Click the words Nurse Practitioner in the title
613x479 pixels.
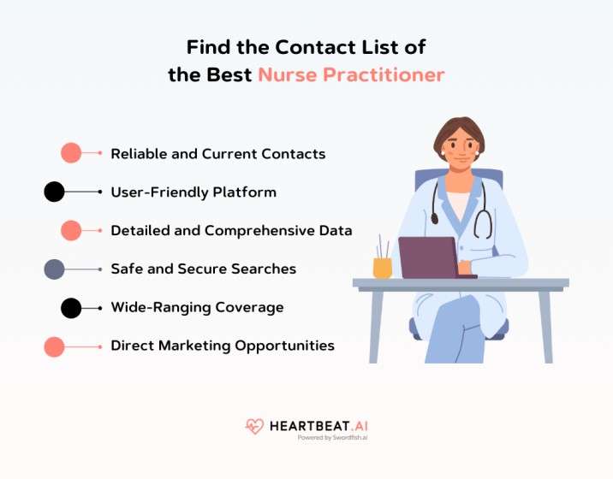coord(351,74)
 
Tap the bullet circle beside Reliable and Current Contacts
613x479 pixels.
coord(71,154)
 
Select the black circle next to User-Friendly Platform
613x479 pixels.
coord(54,192)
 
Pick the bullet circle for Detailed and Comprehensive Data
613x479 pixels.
coord(71,231)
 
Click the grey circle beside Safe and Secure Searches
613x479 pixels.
coord(54,269)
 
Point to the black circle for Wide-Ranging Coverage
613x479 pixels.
coord(71,308)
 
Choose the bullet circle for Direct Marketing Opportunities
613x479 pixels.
coord(54,346)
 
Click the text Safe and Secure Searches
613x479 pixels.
coord(203,269)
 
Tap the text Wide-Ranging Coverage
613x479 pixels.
coord(197,307)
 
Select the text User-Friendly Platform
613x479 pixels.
coord(193,192)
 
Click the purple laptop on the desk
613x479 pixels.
coord(427,257)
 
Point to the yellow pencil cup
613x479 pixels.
coord(382,267)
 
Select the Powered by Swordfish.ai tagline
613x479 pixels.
coord(332,437)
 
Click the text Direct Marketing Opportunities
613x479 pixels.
coord(222,346)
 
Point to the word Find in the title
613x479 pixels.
coord(208,46)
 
